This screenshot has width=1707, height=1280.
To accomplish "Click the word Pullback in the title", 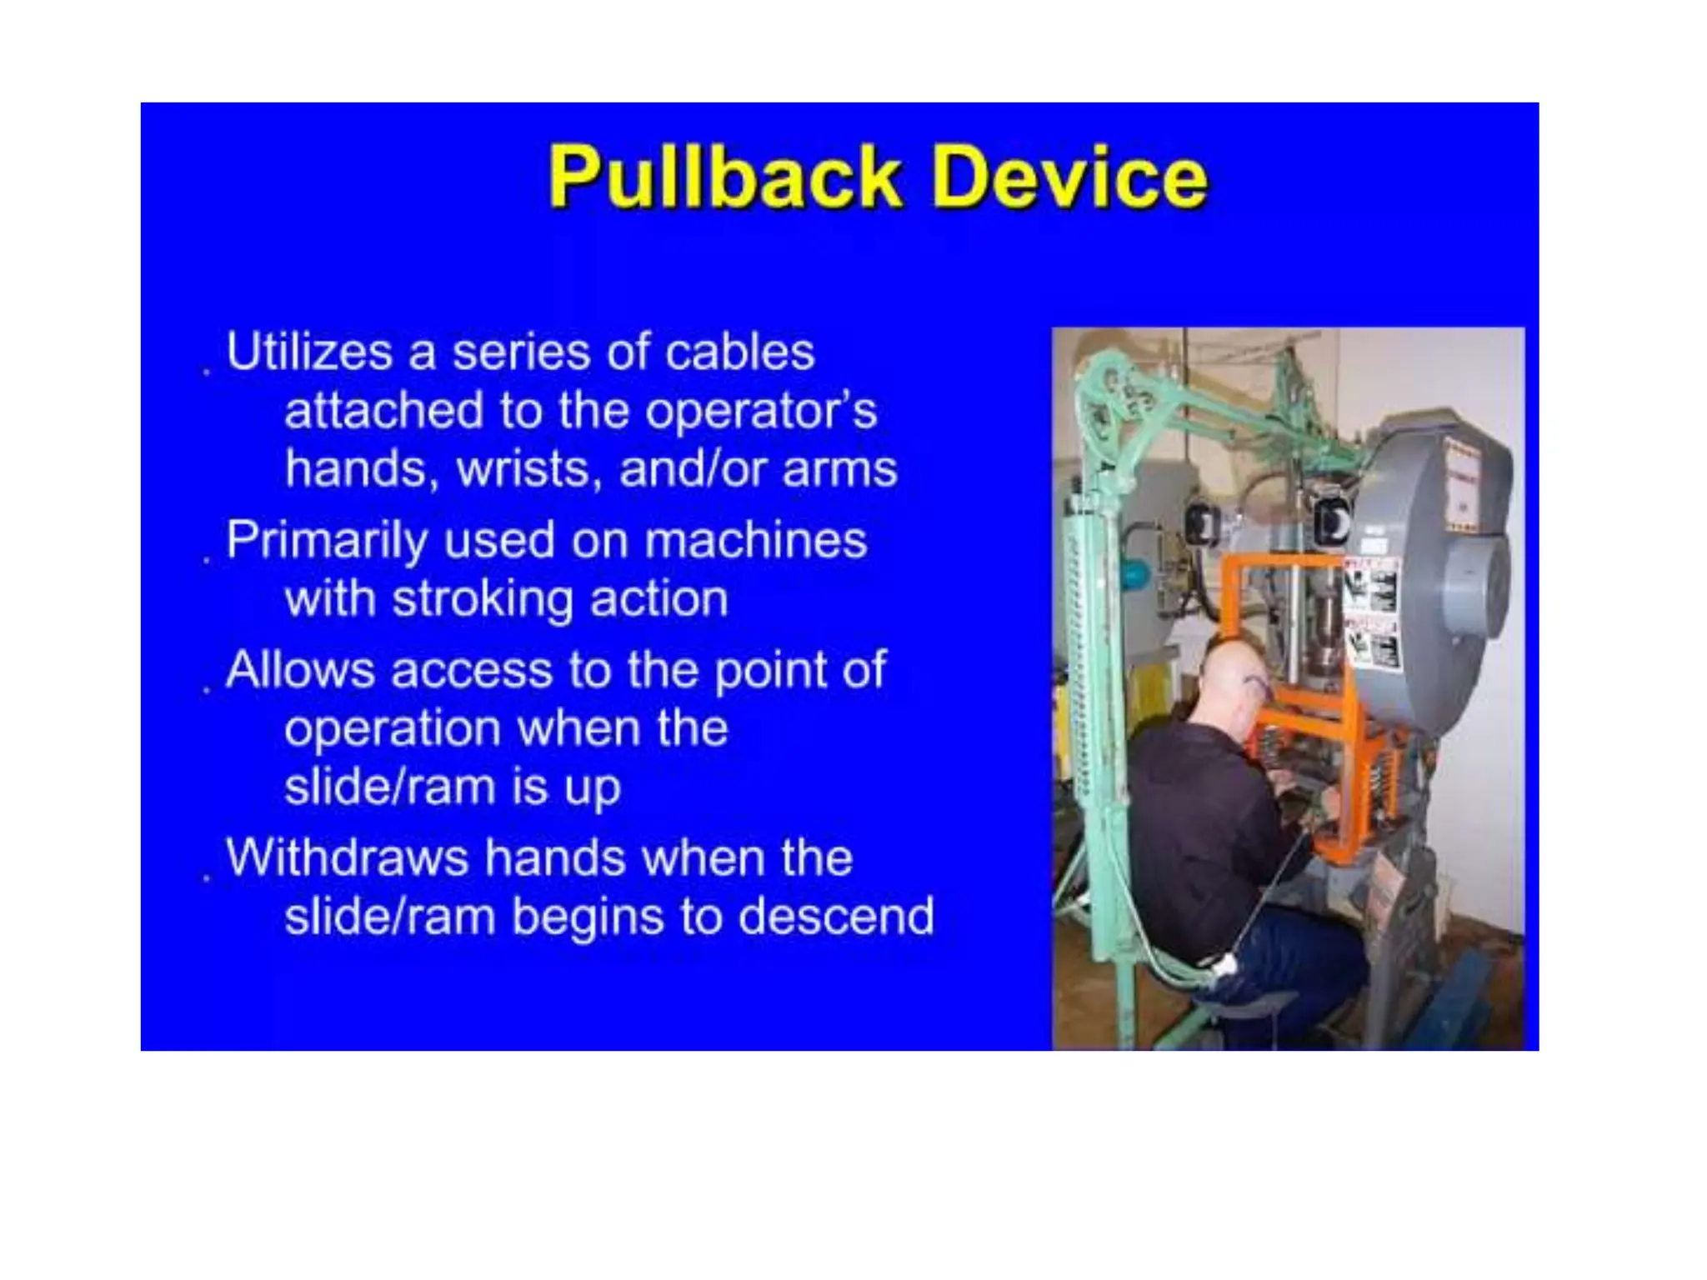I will tap(723, 177).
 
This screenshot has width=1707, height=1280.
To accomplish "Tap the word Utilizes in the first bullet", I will tap(309, 352).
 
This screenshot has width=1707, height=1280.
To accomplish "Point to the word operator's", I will tap(760, 411).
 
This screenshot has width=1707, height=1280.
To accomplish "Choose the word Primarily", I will tap(326, 541).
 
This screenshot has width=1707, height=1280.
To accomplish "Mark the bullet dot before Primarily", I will tap(207, 560).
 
